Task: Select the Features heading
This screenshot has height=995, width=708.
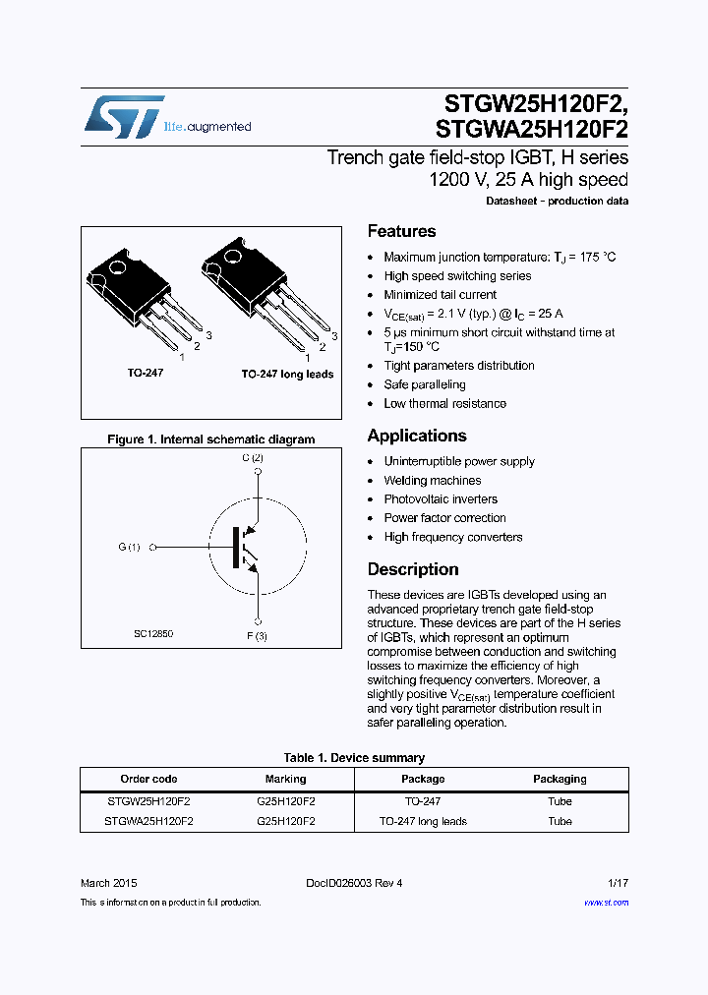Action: tap(401, 232)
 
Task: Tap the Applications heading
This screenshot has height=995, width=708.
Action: tap(417, 436)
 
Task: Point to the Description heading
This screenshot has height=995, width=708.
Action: tap(413, 569)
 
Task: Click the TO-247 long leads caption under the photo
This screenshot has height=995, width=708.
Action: tap(287, 375)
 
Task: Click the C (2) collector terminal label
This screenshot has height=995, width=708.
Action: tap(253, 458)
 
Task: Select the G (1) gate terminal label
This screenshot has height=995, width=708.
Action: tap(130, 547)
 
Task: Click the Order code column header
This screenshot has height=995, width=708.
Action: tap(148, 779)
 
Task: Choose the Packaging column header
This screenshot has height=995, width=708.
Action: tap(560, 779)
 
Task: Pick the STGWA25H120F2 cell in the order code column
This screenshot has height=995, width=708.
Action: tap(148, 821)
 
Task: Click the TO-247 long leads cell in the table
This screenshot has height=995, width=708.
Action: tap(423, 821)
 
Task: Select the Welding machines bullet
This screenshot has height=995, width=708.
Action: tap(433, 481)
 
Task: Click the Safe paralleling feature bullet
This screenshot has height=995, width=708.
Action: tap(425, 384)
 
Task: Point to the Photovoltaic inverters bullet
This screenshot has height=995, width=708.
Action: tap(441, 499)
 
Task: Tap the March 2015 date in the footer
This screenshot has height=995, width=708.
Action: tap(103, 883)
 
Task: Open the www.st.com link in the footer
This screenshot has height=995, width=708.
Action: tap(606, 903)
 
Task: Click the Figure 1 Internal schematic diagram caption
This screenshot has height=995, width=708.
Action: tap(210, 439)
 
